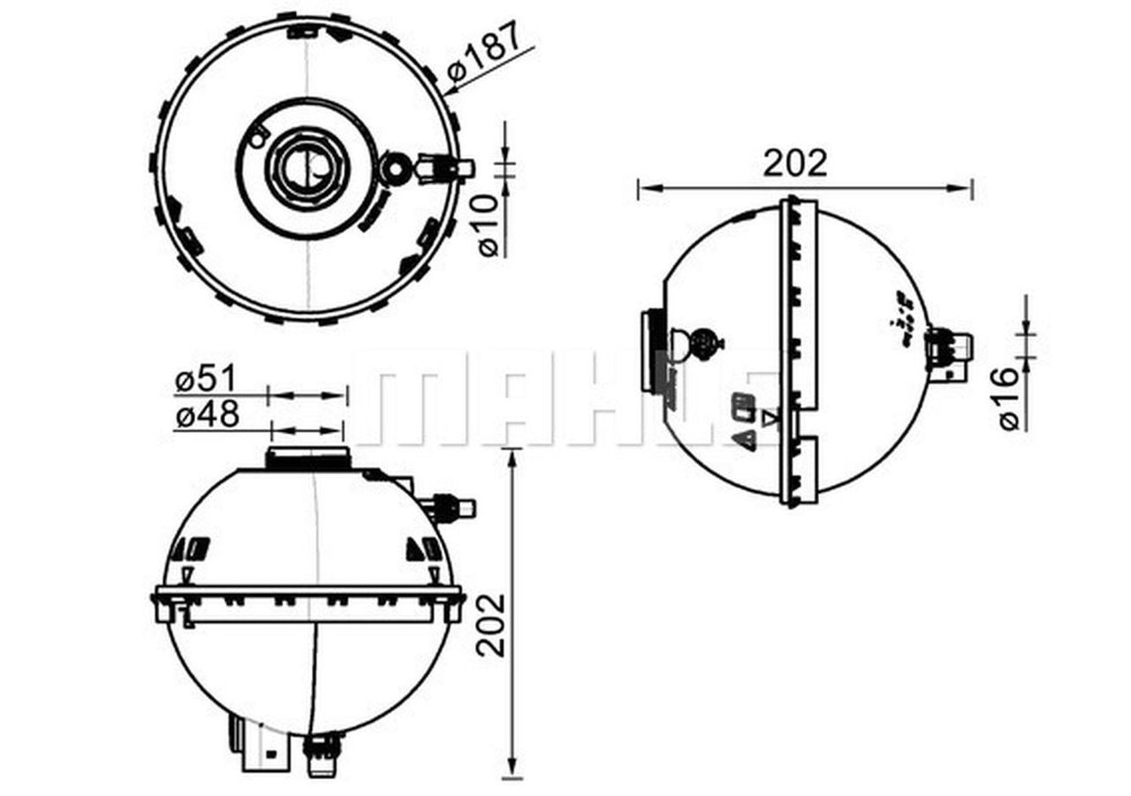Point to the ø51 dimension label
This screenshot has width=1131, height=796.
point(206,380)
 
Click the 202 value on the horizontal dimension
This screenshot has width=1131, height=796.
point(795,163)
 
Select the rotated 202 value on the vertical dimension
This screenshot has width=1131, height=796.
point(491,625)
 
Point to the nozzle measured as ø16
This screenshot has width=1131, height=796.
point(953,347)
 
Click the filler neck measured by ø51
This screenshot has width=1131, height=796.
point(307,458)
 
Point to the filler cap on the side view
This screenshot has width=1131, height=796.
point(653,352)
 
